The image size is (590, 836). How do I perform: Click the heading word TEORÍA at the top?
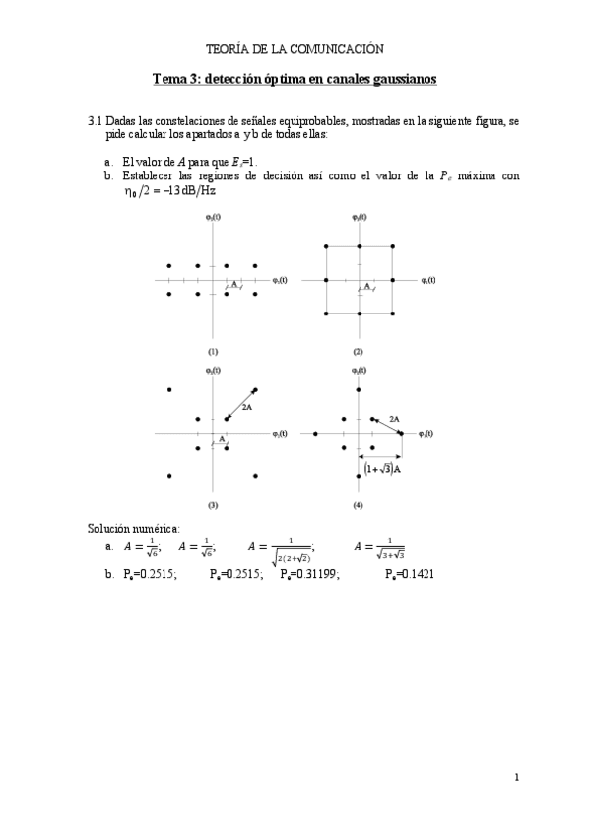pyautogui.click(x=226, y=47)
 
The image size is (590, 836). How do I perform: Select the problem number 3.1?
pyautogui.click(x=96, y=120)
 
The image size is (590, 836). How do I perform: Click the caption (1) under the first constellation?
pyautogui.click(x=212, y=351)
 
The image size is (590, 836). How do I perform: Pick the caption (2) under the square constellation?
pyautogui.click(x=359, y=351)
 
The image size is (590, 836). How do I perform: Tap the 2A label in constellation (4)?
pyautogui.click(x=394, y=419)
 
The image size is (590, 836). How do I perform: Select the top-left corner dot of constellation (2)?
pyautogui.click(x=327, y=245)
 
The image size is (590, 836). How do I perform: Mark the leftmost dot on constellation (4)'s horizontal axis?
pyautogui.click(x=315, y=433)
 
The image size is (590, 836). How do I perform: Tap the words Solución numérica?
pyautogui.click(x=133, y=529)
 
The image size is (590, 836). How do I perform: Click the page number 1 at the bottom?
pyautogui.click(x=516, y=779)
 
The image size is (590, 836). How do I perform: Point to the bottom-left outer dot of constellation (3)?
pyautogui.click(x=170, y=476)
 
